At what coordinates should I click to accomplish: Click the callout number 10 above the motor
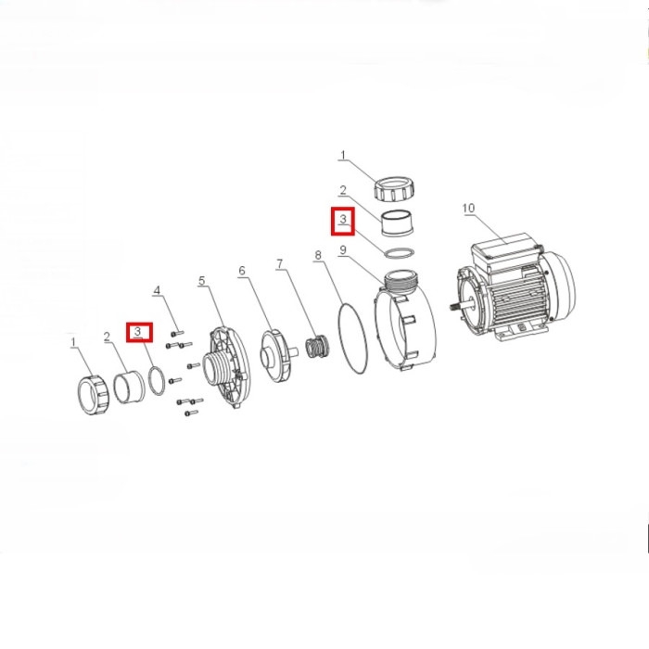click(x=468, y=208)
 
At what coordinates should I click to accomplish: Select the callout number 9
click(x=343, y=250)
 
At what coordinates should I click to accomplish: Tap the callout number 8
click(x=318, y=255)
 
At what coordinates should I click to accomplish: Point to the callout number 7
click(x=280, y=263)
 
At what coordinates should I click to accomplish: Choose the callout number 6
click(x=242, y=271)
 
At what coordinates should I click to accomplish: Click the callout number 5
click(x=201, y=281)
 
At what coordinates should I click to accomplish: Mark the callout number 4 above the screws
click(x=157, y=290)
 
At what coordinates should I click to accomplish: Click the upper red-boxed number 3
click(x=343, y=219)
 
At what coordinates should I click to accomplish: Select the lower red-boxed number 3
click(x=138, y=331)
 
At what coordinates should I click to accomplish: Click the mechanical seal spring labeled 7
click(x=318, y=347)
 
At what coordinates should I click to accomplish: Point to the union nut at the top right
click(x=395, y=188)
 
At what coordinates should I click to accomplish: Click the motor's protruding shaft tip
click(x=452, y=307)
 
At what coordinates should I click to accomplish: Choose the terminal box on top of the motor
click(x=506, y=249)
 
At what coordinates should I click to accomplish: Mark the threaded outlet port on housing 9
click(x=401, y=282)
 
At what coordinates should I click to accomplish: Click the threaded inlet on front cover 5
click(x=214, y=369)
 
